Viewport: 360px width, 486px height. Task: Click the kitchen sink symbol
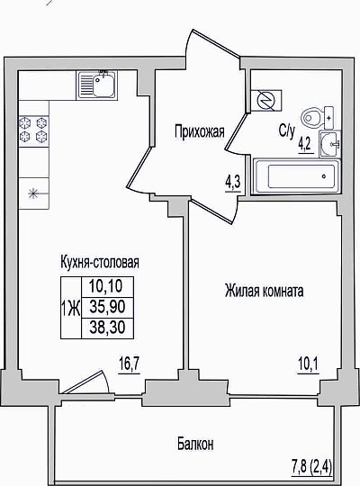point(97,85)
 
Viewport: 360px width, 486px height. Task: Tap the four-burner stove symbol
point(34,130)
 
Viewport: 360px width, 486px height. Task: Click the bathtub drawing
point(296,176)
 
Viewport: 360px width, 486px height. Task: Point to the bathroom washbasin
point(330,144)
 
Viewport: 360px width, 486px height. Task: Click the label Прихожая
point(200,131)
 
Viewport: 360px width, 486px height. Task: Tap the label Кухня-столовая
point(100,262)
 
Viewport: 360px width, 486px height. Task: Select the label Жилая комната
point(264,292)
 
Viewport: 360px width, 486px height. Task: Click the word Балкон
point(195,445)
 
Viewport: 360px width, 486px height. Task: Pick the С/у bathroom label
point(286,131)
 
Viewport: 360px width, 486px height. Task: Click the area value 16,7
point(130,364)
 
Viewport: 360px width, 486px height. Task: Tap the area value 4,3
point(233,184)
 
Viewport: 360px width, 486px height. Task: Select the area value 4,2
point(306,145)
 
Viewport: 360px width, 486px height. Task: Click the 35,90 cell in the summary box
point(107,307)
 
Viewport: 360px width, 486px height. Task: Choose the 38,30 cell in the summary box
point(107,328)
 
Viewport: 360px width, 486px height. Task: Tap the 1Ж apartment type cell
point(71,309)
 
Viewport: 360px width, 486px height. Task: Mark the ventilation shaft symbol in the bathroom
point(266,101)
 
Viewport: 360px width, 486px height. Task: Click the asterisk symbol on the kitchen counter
point(34,194)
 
